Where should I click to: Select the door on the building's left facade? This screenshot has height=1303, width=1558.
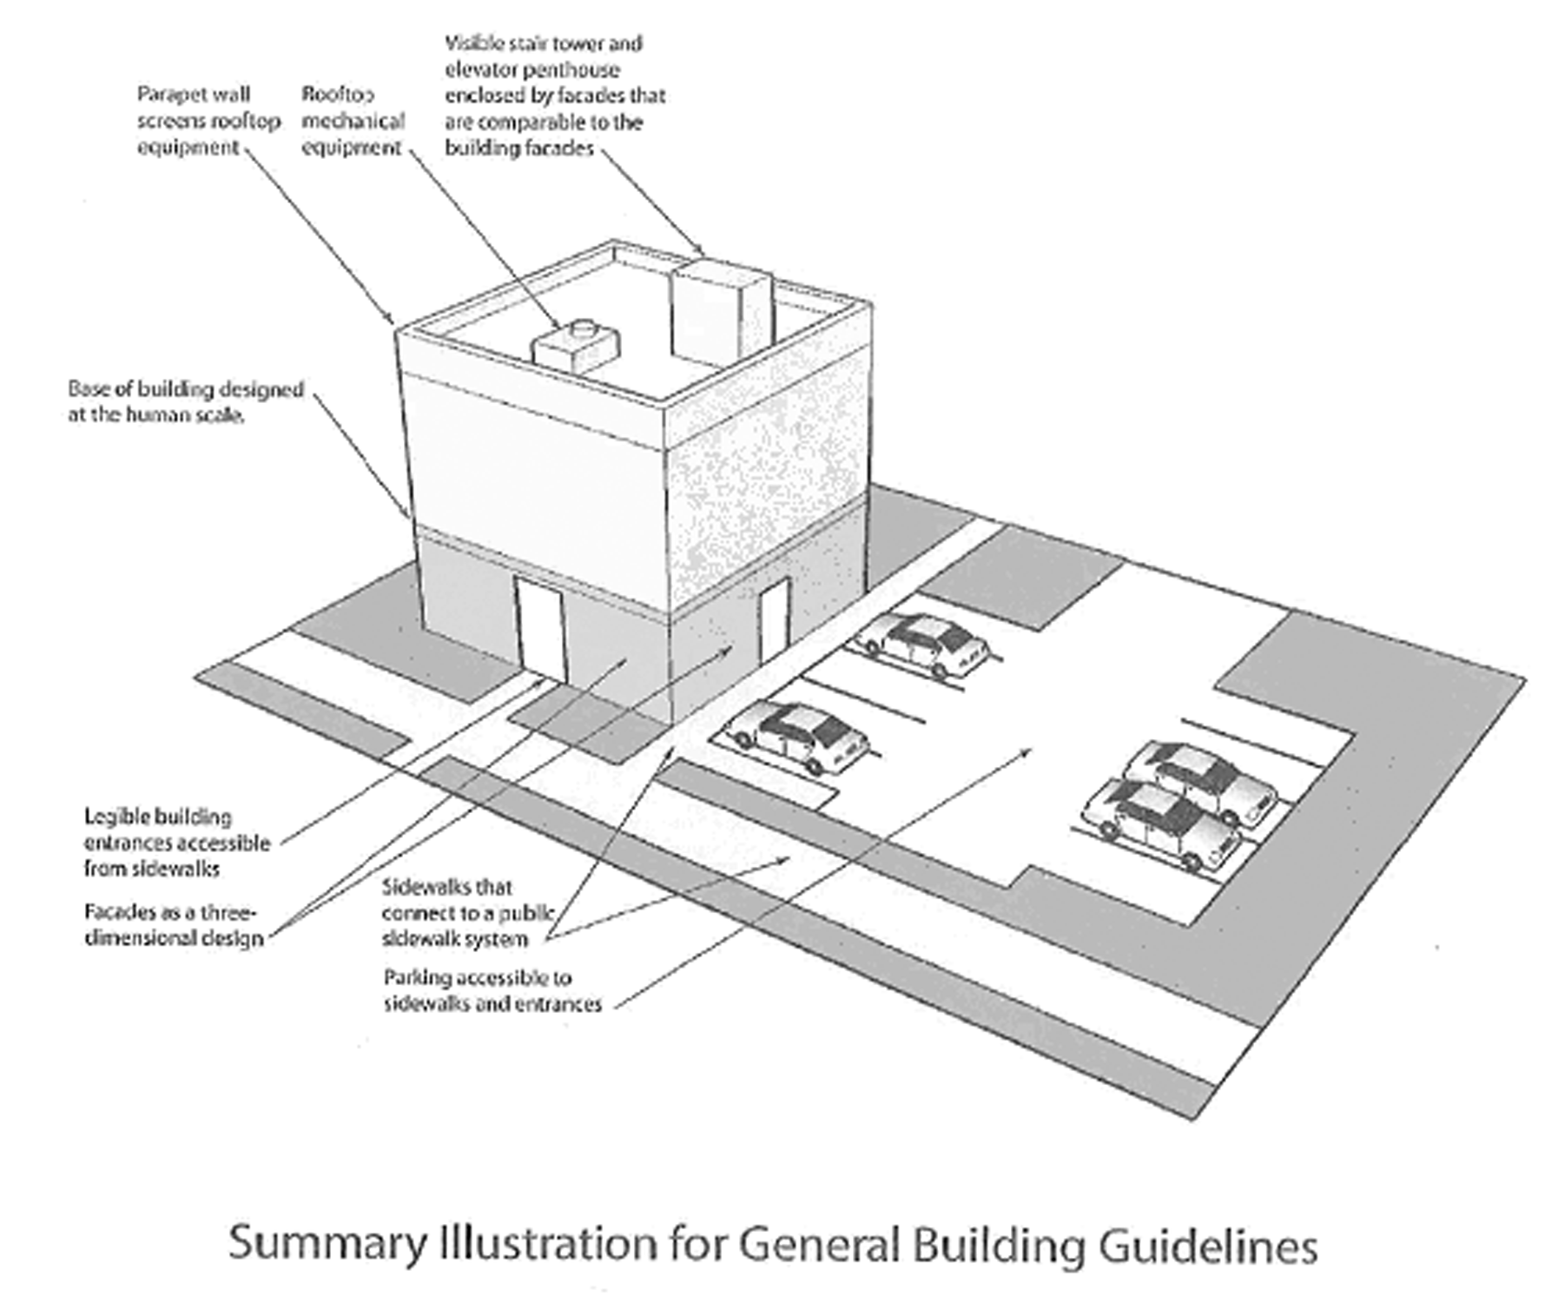[x=541, y=630]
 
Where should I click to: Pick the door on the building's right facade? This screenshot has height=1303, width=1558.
[x=772, y=618]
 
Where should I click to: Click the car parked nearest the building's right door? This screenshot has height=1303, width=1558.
[x=923, y=644]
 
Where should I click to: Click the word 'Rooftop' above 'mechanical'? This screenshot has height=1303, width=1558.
[x=338, y=94]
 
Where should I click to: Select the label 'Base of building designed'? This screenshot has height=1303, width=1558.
[x=186, y=388]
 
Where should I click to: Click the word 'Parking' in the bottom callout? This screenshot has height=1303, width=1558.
[x=416, y=978]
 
